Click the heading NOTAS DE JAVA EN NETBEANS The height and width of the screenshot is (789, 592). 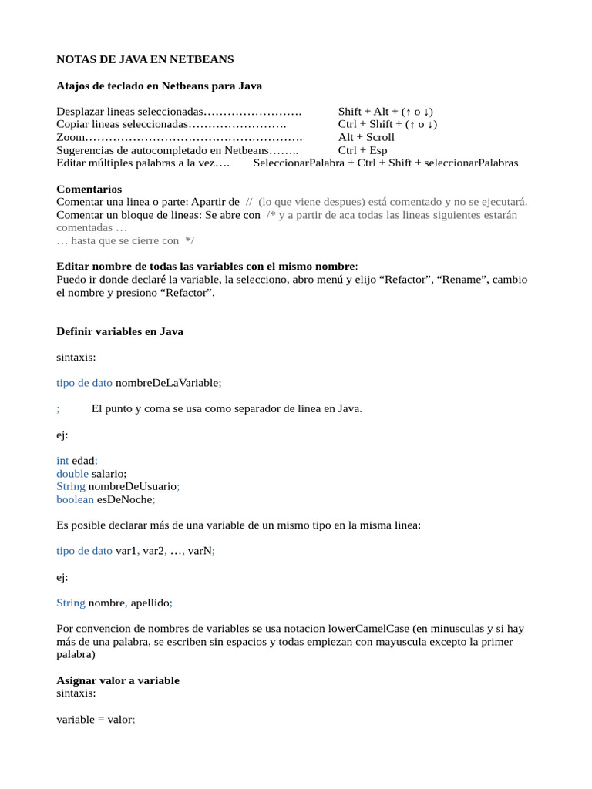click(x=145, y=59)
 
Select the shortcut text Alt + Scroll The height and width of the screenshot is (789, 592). click(x=366, y=137)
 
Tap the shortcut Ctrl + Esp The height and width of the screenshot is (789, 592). click(x=362, y=150)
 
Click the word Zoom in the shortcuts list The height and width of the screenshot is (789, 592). click(x=70, y=137)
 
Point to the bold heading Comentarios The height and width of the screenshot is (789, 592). click(x=89, y=189)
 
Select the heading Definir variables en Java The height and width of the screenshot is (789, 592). click(x=120, y=331)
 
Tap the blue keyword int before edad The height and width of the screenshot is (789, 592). click(x=62, y=460)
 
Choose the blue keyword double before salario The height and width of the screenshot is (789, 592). click(x=72, y=473)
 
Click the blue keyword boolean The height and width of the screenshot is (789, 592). click(x=75, y=499)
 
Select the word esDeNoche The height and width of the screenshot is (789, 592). click(x=124, y=499)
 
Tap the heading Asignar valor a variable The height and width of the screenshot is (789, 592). click(x=118, y=680)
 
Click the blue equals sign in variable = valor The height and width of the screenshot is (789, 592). click(x=100, y=719)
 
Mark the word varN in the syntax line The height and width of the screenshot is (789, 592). click(x=198, y=551)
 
